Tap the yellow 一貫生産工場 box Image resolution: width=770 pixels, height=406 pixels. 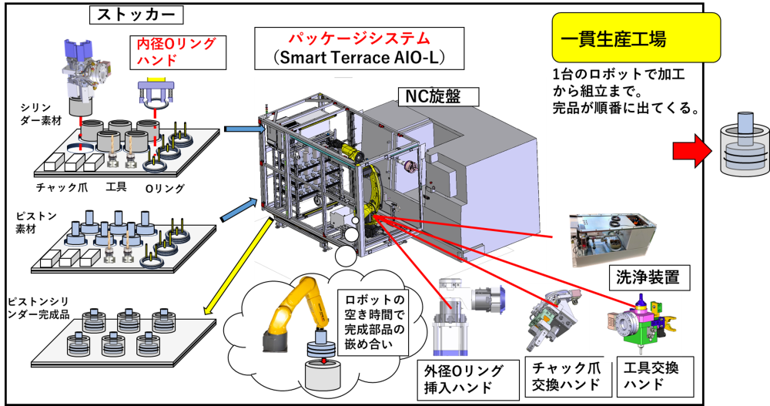tap(635, 38)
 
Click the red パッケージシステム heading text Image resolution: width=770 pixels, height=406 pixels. tap(359, 38)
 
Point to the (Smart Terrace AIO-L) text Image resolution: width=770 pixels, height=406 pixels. tap(359, 58)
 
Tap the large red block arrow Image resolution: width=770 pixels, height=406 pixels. tap(690, 152)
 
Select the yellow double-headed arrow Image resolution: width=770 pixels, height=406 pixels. tap(239, 267)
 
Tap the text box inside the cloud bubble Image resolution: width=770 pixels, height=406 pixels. tap(372, 320)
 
